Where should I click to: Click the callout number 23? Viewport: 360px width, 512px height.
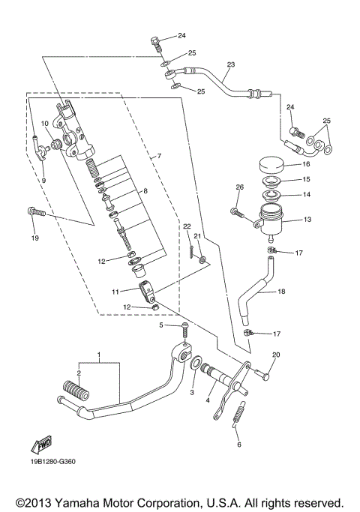230,64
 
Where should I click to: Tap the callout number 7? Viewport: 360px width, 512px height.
158,157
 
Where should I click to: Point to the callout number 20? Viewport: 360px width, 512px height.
276,355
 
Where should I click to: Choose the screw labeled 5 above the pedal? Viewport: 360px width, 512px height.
184,328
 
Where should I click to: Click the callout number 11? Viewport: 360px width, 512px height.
116,291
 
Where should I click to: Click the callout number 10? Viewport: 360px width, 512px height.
45,124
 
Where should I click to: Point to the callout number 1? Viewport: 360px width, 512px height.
97,353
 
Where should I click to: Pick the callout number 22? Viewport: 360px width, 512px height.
187,226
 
